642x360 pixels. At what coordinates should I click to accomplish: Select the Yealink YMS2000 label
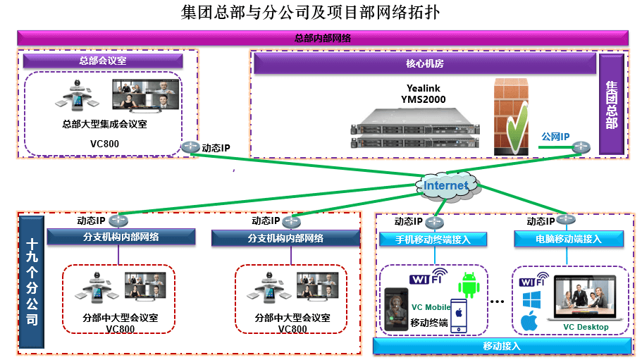(x=426, y=94)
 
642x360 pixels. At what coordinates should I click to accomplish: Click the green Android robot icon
(x=469, y=285)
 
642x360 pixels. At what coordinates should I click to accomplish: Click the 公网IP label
(x=555, y=136)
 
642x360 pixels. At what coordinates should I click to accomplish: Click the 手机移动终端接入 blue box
(x=434, y=240)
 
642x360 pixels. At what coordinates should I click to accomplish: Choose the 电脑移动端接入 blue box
(x=568, y=240)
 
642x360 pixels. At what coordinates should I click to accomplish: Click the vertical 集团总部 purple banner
(x=611, y=104)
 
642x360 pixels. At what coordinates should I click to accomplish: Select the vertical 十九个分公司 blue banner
(x=32, y=282)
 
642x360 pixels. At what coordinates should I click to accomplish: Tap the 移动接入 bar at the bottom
(x=501, y=346)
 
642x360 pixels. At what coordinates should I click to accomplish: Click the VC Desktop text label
(x=586, y=327)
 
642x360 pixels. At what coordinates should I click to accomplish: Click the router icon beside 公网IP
(x=581, y=147)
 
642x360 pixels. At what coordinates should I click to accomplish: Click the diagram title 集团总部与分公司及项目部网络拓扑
(x=313, y=13)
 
